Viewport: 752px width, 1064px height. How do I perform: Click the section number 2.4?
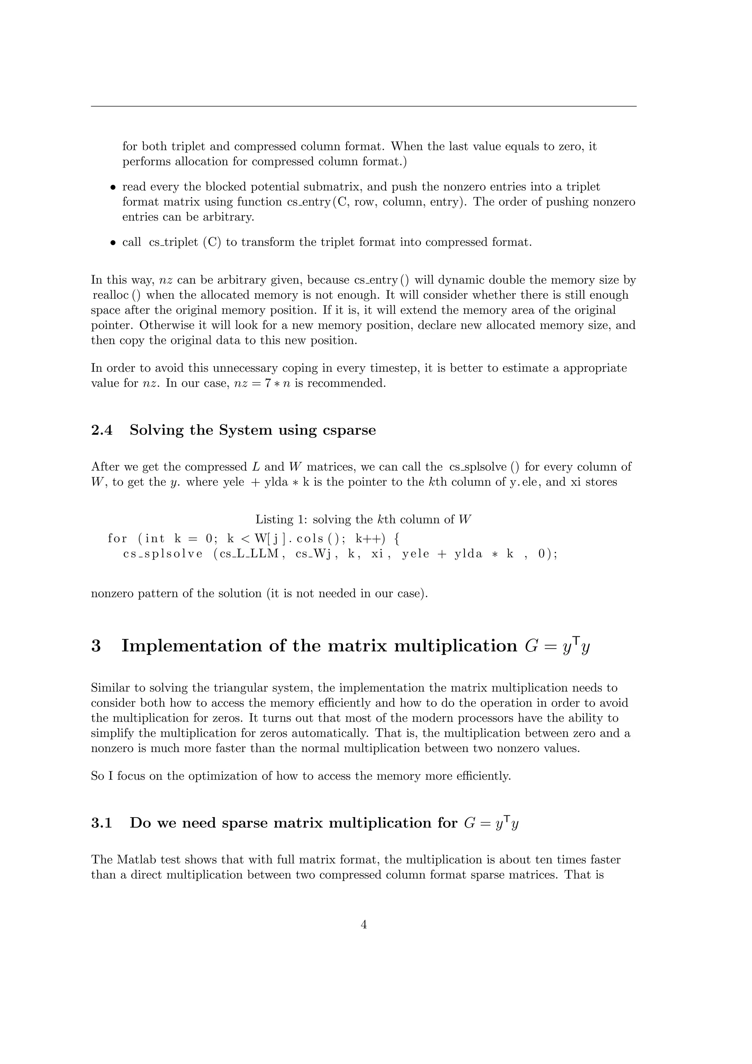pos(102,430)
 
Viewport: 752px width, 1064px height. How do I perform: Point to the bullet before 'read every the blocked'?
pos(112,188)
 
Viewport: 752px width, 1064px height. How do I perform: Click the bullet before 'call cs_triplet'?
pos(112,243)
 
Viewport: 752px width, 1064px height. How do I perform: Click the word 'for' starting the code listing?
pos(117,539)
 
